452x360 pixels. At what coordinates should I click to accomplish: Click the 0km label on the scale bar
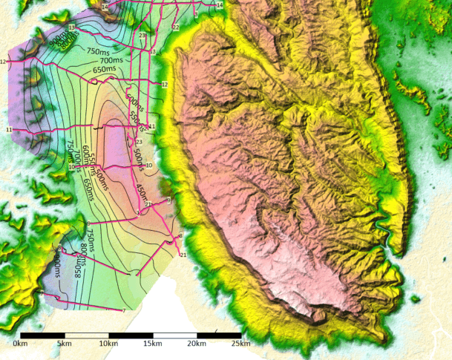[20, 344]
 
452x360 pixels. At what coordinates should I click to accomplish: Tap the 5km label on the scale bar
[65, 344]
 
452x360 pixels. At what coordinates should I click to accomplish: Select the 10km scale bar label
[108, 344]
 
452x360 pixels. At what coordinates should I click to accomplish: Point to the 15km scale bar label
[152, 344]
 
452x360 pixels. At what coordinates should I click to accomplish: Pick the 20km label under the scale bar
[196, 344]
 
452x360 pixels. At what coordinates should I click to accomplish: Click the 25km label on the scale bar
[240, 344]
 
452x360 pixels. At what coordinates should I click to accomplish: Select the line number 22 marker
[176, 27]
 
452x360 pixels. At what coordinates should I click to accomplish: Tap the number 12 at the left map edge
[4, 62]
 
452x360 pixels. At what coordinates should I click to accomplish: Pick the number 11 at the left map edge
[8, 130]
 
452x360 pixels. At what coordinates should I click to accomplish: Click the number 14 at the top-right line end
[219, 5]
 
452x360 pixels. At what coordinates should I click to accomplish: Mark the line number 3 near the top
[196, 13]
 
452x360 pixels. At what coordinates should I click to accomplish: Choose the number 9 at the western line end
[88, 223]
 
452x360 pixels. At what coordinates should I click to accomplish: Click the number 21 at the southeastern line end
[183, 255]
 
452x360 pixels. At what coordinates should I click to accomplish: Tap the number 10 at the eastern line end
[149, 166]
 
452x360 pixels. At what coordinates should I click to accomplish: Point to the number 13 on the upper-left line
[72, 27]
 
